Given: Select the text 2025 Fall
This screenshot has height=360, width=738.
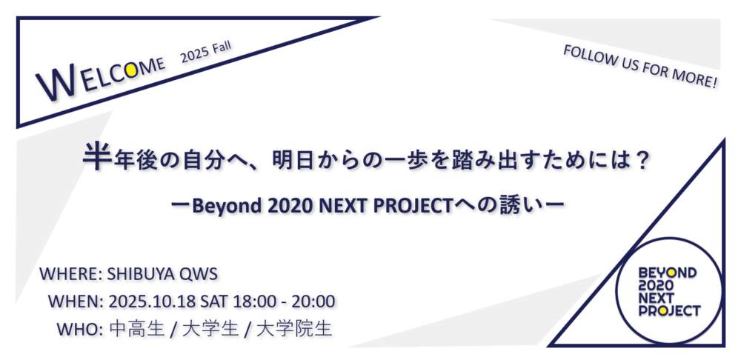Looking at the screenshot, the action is pos(206,53).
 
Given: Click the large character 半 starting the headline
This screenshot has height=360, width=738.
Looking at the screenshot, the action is pos(97,157).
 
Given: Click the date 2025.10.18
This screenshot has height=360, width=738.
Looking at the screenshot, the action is pos(152,301).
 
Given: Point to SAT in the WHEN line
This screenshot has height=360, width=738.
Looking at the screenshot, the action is pos(214,301).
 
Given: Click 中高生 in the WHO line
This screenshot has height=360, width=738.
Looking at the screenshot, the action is pos(136,328).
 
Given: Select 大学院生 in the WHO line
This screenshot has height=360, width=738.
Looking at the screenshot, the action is pos(295,328).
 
